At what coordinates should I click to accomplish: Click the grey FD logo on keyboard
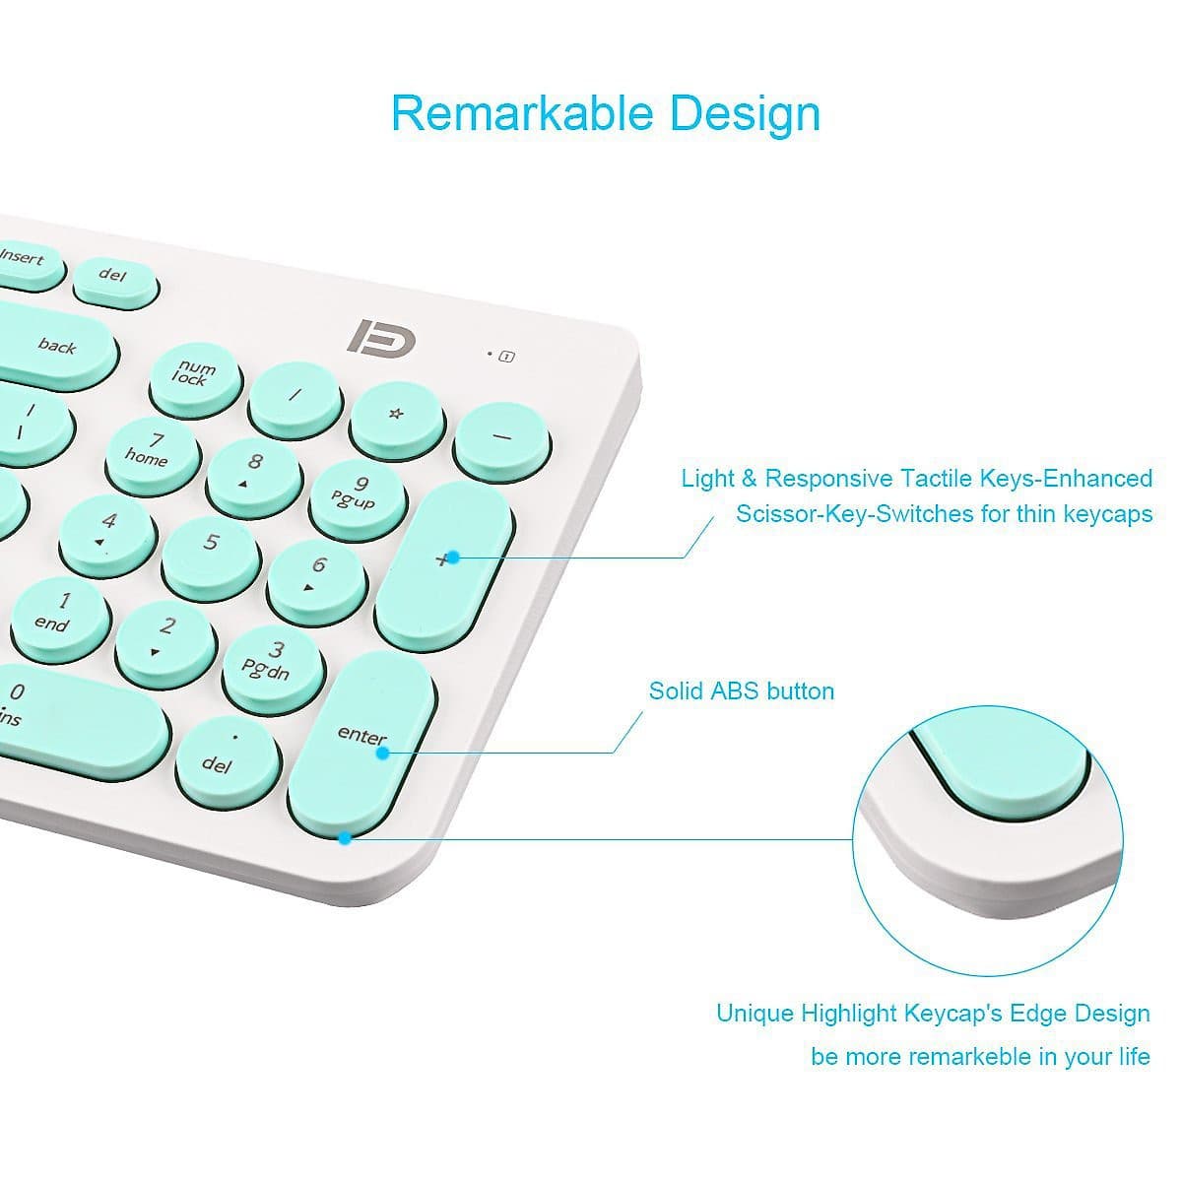381,337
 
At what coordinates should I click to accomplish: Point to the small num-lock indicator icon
506,356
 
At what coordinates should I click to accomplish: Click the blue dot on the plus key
453,557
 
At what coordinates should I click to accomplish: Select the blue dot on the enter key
382,753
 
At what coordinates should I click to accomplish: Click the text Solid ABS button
742,690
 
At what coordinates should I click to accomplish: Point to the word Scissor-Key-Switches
855,513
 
